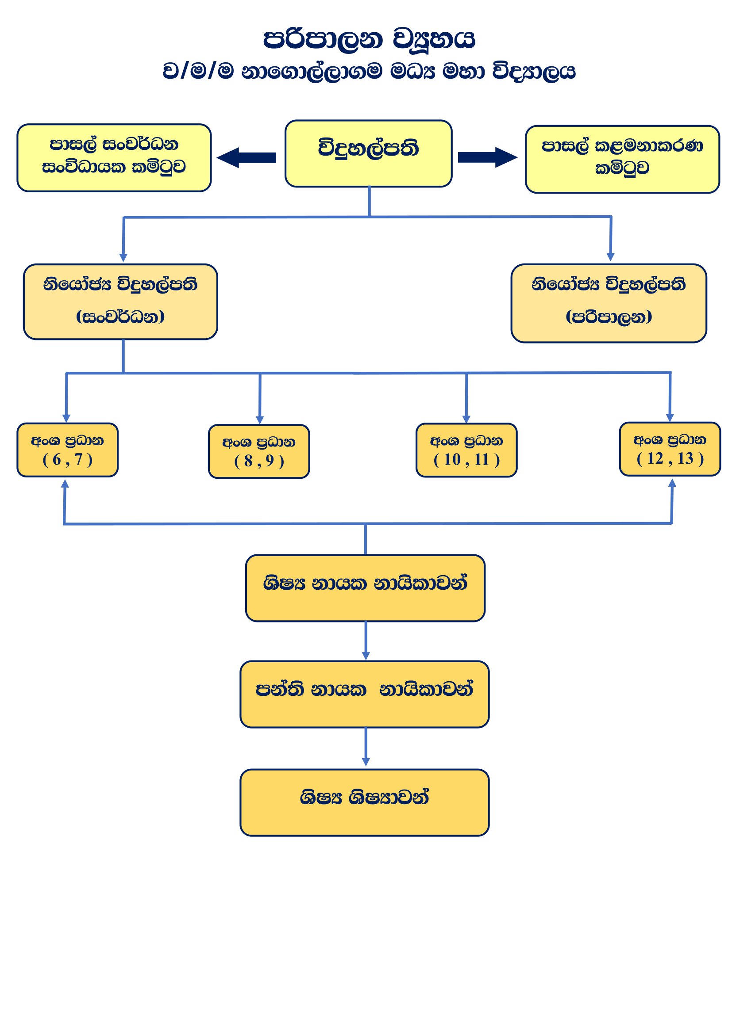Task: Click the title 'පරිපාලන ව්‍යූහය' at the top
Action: pyautogui.click(x=369, y=39)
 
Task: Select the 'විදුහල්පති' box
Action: pyautogui.click(x=368, y=153)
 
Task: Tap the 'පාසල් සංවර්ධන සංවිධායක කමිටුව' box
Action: pyautogui.click(x=114, y=158)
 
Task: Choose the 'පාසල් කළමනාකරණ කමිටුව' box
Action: pyautogui.click(x=622, y=160)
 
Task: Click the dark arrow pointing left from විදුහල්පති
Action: pyautogui.click(x=247, y=158)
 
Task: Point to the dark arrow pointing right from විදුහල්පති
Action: pyautogui.click(x=487, y=157)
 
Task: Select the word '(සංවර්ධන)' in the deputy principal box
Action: pyautogui.click(x=120, y=317)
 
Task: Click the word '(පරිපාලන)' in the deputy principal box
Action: pyautogui.click(x=609, y=317)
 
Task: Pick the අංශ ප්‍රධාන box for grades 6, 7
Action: pyautogui.click(x=68, y=450)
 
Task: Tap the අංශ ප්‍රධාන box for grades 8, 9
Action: pyautogui.click(x=259, y=451)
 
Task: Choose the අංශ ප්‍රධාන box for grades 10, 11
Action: pyautogui.click(x=466, y=450)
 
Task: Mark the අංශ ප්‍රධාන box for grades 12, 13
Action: pyautogui.click(x=670, y=449)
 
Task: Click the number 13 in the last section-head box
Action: pyautogui.click(x=685, y=458)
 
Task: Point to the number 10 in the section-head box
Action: pyautogui.click(x=452, y=460)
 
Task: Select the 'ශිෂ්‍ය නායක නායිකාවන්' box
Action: pyautogui.click(x=365, y=588)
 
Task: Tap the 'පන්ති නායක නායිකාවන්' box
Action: pyautogui.click(x=364, y=694)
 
